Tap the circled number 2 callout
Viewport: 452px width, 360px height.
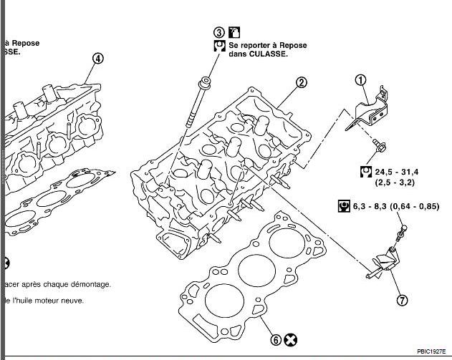click(302, 82)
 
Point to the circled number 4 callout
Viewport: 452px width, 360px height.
click(98, 58)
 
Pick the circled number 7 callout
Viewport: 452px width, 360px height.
click(402, 300)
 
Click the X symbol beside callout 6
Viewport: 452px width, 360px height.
click(289, 339)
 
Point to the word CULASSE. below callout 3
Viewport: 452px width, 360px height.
click(268, 55)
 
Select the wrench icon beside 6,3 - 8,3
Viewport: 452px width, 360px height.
click(343, 207)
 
